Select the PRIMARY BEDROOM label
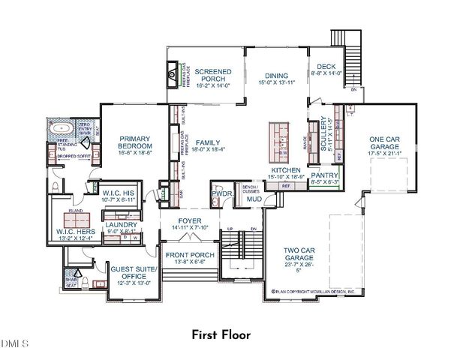[x=134, y=142]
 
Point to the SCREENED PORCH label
[x=213, y=76]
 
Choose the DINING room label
[x=277, y=75]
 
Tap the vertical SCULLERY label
[x=325, y=136]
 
